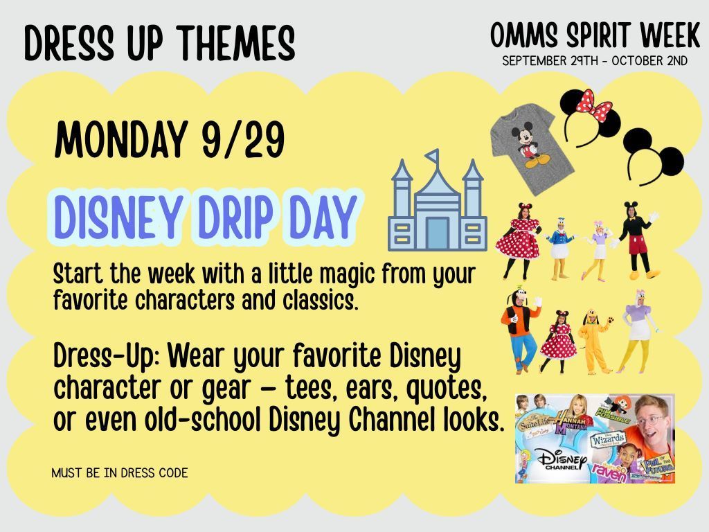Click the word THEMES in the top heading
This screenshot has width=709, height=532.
(x=235, y=43)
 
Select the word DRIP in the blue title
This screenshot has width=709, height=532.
(x=235, y=217)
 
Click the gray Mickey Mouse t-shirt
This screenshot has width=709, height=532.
(x=532, y=148)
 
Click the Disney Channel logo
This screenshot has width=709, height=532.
(x=562, y=459)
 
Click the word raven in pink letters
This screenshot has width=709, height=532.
(x=609, y=472)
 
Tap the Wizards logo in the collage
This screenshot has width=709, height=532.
(x=608, y=440)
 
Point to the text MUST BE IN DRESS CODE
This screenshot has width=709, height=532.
(x=120, y=473)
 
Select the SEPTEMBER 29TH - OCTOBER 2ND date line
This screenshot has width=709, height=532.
(x=595, y=61)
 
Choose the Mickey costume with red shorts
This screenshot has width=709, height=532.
(x=637, y=240)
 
